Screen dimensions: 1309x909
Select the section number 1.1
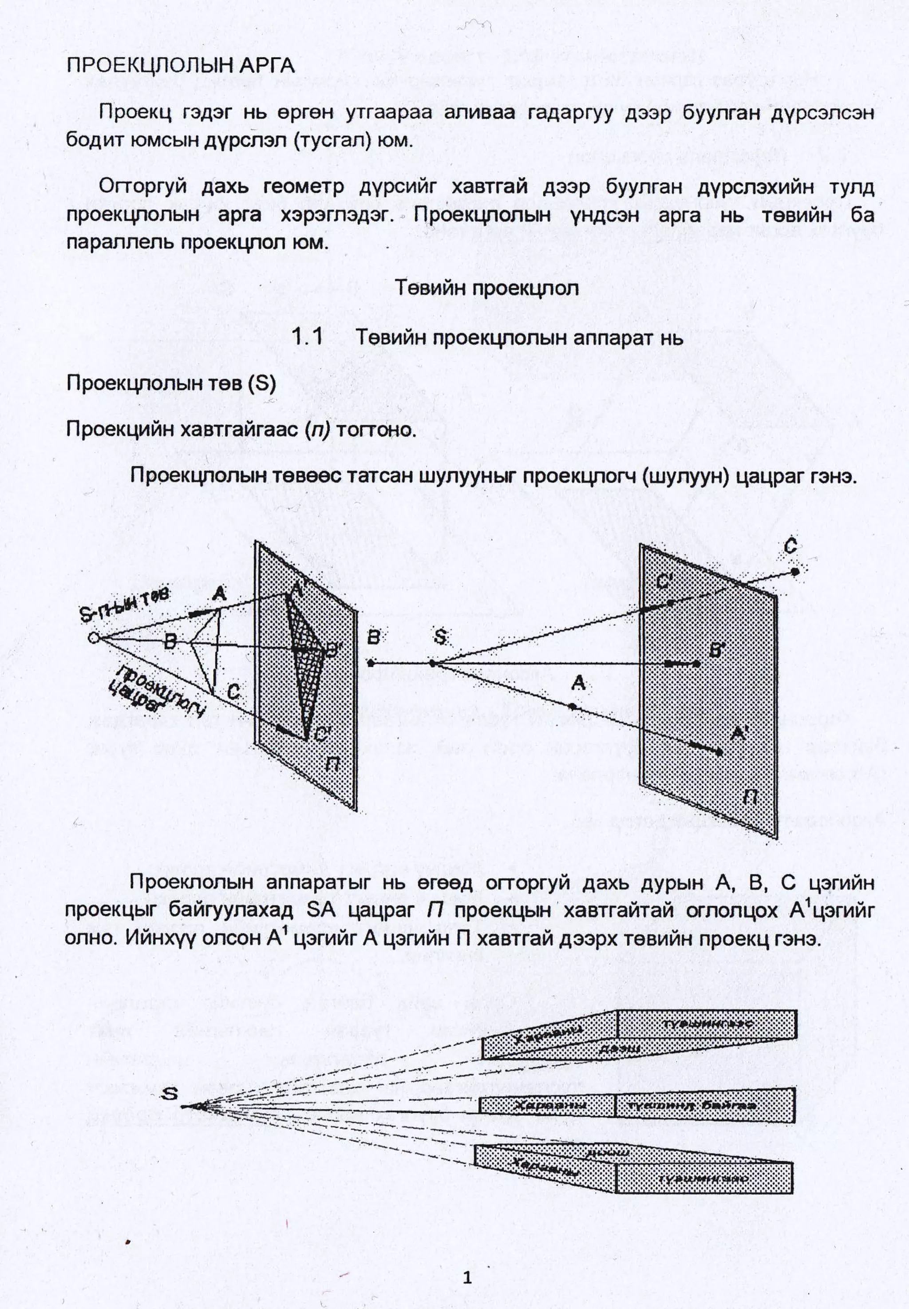(x=307, y=337)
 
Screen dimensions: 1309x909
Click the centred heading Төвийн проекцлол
(x=486, y=288)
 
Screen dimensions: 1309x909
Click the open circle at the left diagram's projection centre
(x=94, y=637)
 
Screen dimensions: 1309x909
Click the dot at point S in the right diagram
(x=432, y=663)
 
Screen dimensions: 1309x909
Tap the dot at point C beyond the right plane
(x=795, y=571)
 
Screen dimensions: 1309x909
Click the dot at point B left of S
(x=371, y=663)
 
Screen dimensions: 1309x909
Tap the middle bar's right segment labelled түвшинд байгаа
(x=704, y=1106)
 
